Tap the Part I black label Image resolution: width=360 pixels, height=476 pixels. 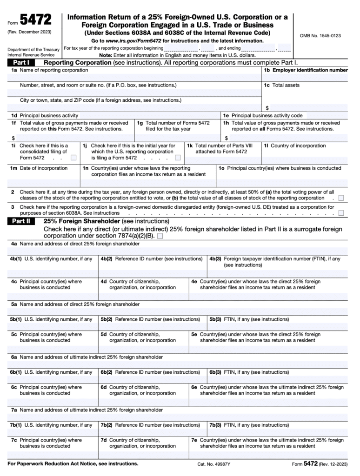pos(21,62)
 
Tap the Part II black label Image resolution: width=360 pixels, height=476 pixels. pos(21,221)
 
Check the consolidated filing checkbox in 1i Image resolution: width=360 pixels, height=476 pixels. pos(73,158)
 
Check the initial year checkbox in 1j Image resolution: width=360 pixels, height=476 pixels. pos(178,158)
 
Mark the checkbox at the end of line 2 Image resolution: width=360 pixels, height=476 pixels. pos(341,198)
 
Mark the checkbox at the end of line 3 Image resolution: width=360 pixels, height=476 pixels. pos(341,213)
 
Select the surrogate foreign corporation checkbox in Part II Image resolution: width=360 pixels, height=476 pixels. pos(160,236)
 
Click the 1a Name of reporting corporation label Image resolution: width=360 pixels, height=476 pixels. pos(49,70)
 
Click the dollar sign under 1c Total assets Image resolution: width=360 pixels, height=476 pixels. pos(267,108)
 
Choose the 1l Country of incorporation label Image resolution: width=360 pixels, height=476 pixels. pos(295,146)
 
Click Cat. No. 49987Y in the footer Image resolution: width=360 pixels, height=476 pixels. pos(214,464)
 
